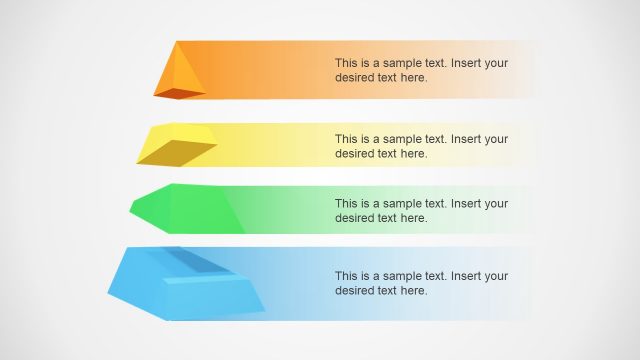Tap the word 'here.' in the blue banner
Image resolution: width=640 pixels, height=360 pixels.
pyautogui.click(x=413, y=290)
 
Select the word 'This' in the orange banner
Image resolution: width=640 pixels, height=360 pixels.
pyautogui.click(x=347, y=62)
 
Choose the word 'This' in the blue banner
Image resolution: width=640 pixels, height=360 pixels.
pyautogui.click(x=347, y=276)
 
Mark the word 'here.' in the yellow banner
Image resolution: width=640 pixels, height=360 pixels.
pyautogui.click(x=413, y=153)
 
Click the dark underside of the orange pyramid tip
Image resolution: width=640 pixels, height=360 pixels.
pyautogui.click(x=181, y=94)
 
